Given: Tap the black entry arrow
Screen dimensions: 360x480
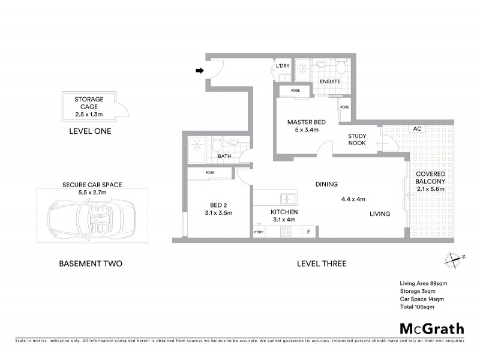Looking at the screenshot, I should click(199, 71).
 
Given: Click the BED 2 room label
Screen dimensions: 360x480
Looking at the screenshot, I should click(218, 204).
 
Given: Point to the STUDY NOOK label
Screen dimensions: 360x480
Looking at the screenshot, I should click(358, 140).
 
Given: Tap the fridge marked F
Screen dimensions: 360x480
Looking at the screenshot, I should click(308, 232).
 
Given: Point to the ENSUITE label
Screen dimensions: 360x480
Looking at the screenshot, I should click(329, 81).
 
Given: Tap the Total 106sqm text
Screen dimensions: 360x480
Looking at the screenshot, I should click(416, 306).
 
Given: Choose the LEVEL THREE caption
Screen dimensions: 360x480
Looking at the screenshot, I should click(322, 263).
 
